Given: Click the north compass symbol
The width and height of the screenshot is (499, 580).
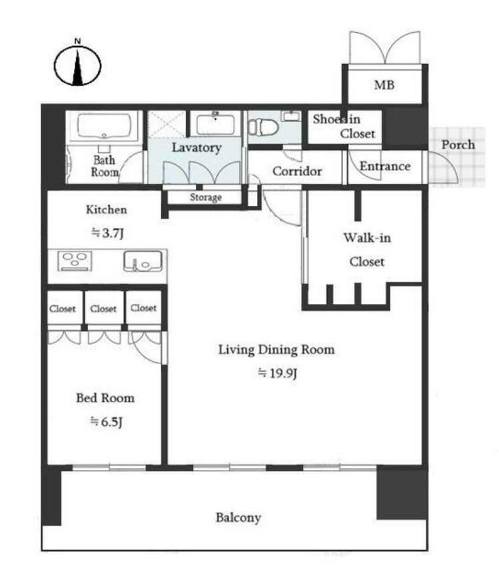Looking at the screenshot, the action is pos(78,66).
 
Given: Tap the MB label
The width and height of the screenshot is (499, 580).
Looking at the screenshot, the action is pos(384,85).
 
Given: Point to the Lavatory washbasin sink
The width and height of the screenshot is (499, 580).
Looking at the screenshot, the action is pos(215,124).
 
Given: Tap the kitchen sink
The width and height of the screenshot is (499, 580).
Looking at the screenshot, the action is pos(143,261).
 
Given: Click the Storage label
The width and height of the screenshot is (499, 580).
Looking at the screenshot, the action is pos(206,197).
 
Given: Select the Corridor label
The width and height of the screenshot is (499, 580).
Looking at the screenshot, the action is pos(297,171).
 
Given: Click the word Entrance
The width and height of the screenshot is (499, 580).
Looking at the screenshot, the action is pos(385,166).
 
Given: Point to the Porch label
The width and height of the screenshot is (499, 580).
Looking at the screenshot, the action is pos(458,145).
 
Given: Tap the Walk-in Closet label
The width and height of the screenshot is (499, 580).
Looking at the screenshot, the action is pos(367,250).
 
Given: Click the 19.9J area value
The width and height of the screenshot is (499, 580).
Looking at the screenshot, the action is pos(278,373).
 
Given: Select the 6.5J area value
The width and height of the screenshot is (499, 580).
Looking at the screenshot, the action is pos(107,421).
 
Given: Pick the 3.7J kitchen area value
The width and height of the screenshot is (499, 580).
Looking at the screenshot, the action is pos(107,233).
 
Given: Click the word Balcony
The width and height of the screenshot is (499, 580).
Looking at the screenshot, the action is pos(239,517).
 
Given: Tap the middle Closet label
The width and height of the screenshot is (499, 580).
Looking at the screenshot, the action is pos(103,309).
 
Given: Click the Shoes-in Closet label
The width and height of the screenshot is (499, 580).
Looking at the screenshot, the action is pos(343,126).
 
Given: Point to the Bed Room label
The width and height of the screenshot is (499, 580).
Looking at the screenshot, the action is pos(105,398).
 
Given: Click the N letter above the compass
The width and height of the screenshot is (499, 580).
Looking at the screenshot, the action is pos(77,41).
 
